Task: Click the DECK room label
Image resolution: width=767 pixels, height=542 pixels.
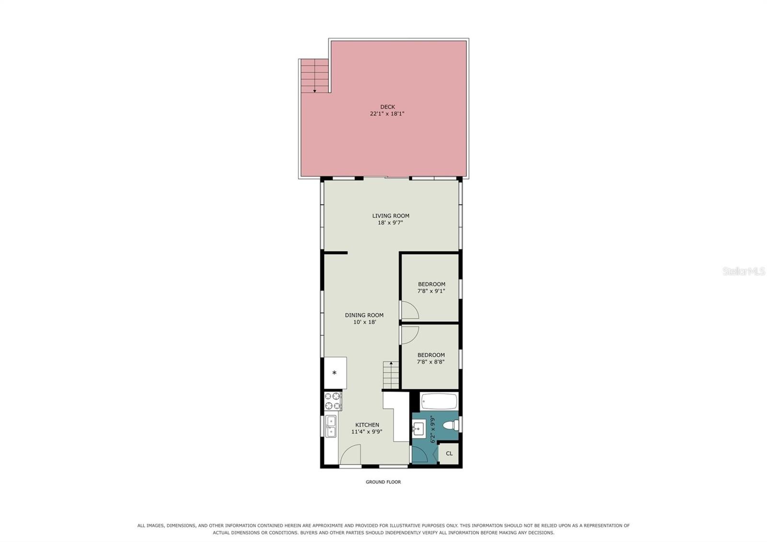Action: (x=387, y=107)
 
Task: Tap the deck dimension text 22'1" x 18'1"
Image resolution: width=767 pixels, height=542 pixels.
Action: (x=387, y=114)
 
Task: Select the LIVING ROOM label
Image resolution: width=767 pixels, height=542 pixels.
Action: (x=391, y=216)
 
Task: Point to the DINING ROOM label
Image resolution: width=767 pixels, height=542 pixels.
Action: (x=364, y=315)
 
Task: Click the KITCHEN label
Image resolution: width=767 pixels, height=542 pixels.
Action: (x=367, y=425)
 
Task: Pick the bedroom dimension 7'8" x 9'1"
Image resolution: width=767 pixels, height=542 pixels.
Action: (x=431, y=291)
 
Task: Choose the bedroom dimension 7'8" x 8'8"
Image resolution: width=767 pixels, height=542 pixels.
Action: (x=431, y=362)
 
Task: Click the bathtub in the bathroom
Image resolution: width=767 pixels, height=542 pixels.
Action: (x=439, y=401)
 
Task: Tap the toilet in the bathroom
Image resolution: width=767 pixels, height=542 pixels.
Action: (x=451, y=425)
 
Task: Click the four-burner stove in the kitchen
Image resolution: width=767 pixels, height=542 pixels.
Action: (x=333, y=401)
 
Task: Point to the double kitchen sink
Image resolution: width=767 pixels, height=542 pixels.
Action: (x=331, y=426)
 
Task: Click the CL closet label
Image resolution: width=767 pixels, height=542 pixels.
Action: (x=449, y=454)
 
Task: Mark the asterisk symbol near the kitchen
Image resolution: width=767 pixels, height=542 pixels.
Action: (x=335, y=373)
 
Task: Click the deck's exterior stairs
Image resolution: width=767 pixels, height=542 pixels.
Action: (x=314, y=76)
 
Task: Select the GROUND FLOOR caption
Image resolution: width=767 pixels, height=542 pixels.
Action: (x=383, y=482)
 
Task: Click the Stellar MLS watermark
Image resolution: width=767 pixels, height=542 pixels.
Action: (x=744, y=271)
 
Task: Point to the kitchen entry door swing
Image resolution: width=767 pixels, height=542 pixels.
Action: (x=350, y=454)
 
